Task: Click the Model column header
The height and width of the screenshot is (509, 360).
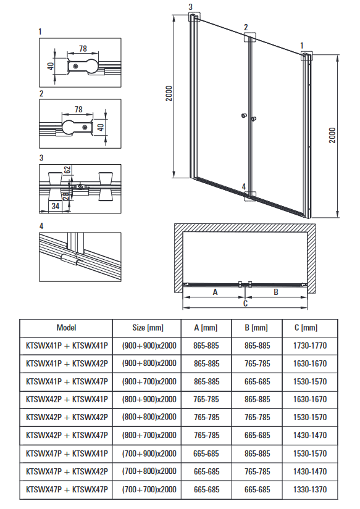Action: [66, 328]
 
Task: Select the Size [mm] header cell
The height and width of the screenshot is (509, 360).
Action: [148, 328]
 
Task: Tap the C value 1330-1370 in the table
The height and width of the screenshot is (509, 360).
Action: [310, 489]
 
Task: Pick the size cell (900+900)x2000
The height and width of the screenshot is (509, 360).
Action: [149, 346]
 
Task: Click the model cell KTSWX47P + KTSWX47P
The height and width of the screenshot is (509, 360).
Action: [67, 489]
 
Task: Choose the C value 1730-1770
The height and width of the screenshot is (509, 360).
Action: [310, 346]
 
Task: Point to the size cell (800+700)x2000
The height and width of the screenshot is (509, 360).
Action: [149, 436]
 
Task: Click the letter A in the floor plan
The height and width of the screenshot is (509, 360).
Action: [215, 292]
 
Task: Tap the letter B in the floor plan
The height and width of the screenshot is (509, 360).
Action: [276, 292]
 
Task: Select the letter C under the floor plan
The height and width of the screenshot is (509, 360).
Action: [245, 303]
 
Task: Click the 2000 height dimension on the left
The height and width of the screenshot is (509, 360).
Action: [169, 94]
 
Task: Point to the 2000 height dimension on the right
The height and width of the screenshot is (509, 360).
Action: [332, 135]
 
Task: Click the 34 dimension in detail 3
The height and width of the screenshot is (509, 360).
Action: [56, 206]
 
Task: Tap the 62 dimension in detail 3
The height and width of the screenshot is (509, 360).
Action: [67, 170]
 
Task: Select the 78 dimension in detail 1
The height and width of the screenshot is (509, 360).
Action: [83, 48]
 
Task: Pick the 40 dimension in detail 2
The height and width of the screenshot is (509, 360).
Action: [101, 127]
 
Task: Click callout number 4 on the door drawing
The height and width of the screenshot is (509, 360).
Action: [244, 187]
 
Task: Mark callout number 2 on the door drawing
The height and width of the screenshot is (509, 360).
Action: [246, 27]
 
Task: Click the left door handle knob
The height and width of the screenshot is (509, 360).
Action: [245, 115]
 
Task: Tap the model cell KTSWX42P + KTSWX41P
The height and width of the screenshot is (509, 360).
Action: [67, 399]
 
